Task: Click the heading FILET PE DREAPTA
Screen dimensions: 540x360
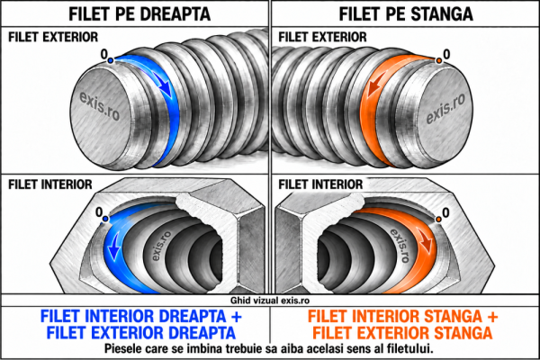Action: [x=139, y=13]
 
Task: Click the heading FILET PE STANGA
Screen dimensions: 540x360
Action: [x=406, y=13]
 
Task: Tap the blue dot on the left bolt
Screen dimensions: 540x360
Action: [x=110, y=60]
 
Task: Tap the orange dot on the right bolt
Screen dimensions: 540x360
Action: [x=439, y=60]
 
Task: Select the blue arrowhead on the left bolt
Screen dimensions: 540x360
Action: [x=165, y=87]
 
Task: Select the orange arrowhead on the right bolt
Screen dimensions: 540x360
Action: [x=371, y=88]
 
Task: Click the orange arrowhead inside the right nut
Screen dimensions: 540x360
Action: [x=427, y=245]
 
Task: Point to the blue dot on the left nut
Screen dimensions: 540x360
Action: [x=105, y=219]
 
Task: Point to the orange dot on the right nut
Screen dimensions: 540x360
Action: [x=438, y=219]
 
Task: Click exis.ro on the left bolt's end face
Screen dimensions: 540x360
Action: [x=100, y=106]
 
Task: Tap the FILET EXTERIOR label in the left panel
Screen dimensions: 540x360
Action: [x=53, y=37]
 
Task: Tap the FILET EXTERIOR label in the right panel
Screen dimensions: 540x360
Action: [x=323, y=37]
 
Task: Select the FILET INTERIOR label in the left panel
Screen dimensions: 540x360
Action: [x=50, y=184]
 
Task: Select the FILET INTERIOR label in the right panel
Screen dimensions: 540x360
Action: [x=320, y=184]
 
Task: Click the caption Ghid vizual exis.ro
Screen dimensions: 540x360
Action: [x=270, y=301]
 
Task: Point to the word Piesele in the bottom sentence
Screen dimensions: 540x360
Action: [x=121, y=348]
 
